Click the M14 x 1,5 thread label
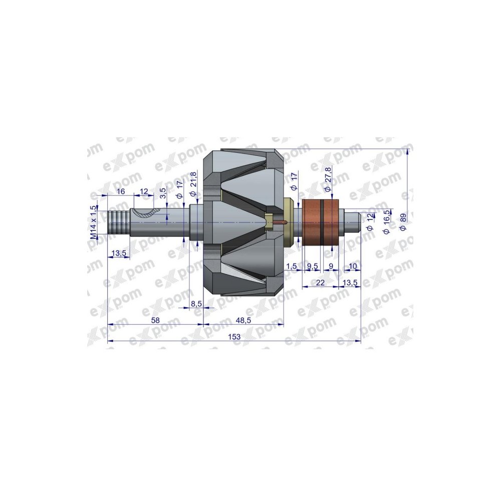[x=93, y=222]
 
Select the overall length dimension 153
[x=234, y=337]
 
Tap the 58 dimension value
[x=155, y=320]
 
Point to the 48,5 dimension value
[x=243, y=320]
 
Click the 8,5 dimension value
[x=195, y=304]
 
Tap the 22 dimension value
[x=320, y=283]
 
